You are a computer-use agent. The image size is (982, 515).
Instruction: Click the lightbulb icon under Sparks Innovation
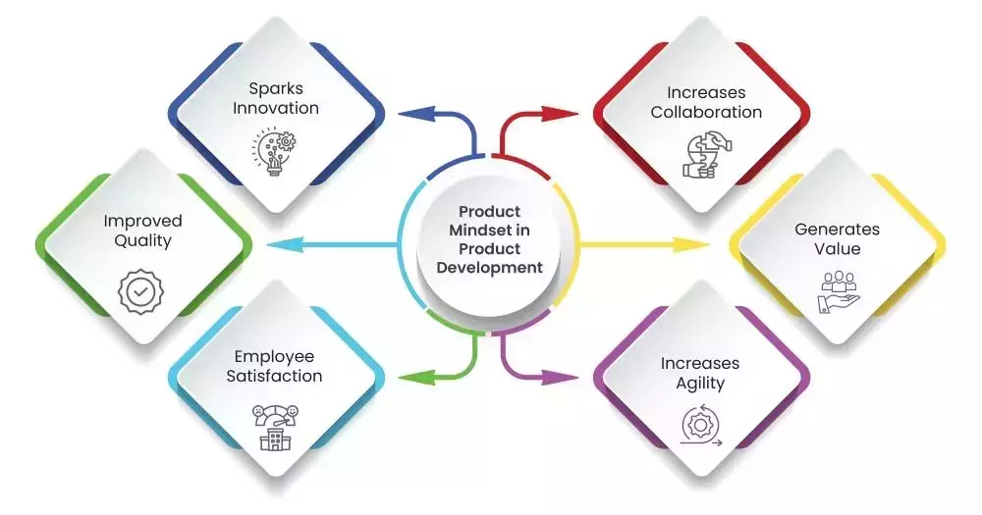[275, 152]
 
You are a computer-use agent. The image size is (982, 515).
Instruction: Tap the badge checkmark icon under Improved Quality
[141, 291]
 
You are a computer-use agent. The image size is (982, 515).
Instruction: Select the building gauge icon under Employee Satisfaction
[275, 428]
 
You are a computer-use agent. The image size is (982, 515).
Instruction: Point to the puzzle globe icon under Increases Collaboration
[707, 155]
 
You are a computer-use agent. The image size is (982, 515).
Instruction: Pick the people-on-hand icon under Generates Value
[839, 291]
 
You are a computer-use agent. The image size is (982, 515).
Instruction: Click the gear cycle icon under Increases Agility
[701, 426]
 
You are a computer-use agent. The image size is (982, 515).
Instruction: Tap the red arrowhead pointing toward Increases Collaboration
[560, 114]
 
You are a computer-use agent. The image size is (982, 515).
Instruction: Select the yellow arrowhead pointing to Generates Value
[691, 244]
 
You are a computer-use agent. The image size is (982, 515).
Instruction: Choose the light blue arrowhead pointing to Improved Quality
[285, 244]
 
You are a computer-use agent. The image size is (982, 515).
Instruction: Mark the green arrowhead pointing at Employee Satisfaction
[415, 378]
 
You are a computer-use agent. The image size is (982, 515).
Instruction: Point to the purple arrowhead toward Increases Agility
[560, 378]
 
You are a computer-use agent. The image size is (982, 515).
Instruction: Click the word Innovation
[276, 108]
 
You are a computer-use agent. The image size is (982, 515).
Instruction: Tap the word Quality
[142, 241]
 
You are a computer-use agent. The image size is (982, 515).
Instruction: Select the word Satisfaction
[274, 376]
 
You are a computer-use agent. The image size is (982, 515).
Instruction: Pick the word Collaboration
[706, 112]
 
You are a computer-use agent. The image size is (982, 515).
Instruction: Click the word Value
[838, 248]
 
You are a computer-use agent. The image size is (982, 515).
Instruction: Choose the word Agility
[700, 384]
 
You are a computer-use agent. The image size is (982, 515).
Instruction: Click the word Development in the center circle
[490, 269]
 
